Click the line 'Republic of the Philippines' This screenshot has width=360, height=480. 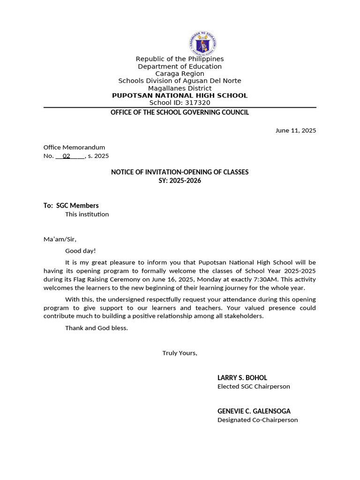180,59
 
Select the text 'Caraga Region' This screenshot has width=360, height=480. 180,74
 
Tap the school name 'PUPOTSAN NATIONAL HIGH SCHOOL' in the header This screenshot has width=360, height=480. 180,96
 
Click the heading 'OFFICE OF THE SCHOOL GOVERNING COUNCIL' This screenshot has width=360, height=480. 180,112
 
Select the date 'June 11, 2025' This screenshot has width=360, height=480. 295,130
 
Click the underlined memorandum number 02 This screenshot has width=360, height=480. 67,156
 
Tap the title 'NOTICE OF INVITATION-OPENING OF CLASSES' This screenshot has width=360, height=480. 180,172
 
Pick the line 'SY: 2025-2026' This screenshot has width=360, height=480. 180,180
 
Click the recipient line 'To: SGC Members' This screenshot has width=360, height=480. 71,205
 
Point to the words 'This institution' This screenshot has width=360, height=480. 87,214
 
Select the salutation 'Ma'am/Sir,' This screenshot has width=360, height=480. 60,240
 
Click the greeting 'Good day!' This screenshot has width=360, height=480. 80,251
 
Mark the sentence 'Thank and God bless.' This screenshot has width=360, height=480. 96,328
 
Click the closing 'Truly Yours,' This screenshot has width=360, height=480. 180,353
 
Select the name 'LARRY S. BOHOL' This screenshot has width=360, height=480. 242,378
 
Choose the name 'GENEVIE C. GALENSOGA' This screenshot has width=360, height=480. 254,411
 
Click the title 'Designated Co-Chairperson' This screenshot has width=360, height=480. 257,420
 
